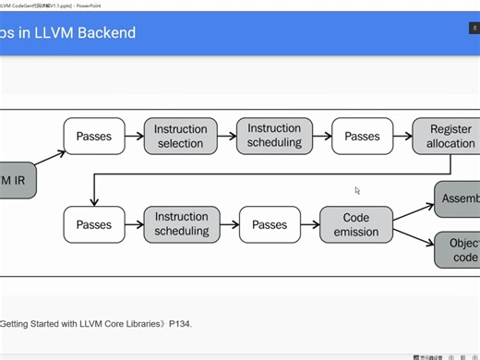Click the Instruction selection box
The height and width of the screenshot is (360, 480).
(x=181, y=137)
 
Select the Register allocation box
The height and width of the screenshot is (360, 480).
(x=450, y=137)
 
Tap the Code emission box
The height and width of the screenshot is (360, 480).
(x=356, y=225)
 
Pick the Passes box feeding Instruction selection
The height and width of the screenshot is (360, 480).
(x=94, y=137)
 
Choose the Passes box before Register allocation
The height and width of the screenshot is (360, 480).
(x=362, y=137)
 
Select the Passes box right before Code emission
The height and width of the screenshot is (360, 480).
(x=270, y=225)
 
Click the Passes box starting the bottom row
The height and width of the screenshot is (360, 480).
(x=94, y=225)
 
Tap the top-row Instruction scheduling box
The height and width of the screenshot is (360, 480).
(x=274, y=136)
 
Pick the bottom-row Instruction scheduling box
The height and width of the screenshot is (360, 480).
(x=181, y=225)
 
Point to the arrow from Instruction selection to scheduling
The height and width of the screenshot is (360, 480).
(x=227, y=137)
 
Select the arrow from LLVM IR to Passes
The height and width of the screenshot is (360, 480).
(x=51, y=158)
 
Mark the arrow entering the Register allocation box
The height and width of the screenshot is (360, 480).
(x=403, y=137)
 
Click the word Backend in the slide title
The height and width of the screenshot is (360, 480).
(x=103, y=33)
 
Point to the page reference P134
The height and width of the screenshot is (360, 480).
(x=180, y=324)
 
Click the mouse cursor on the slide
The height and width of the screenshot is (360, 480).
(x=357, y=190)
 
